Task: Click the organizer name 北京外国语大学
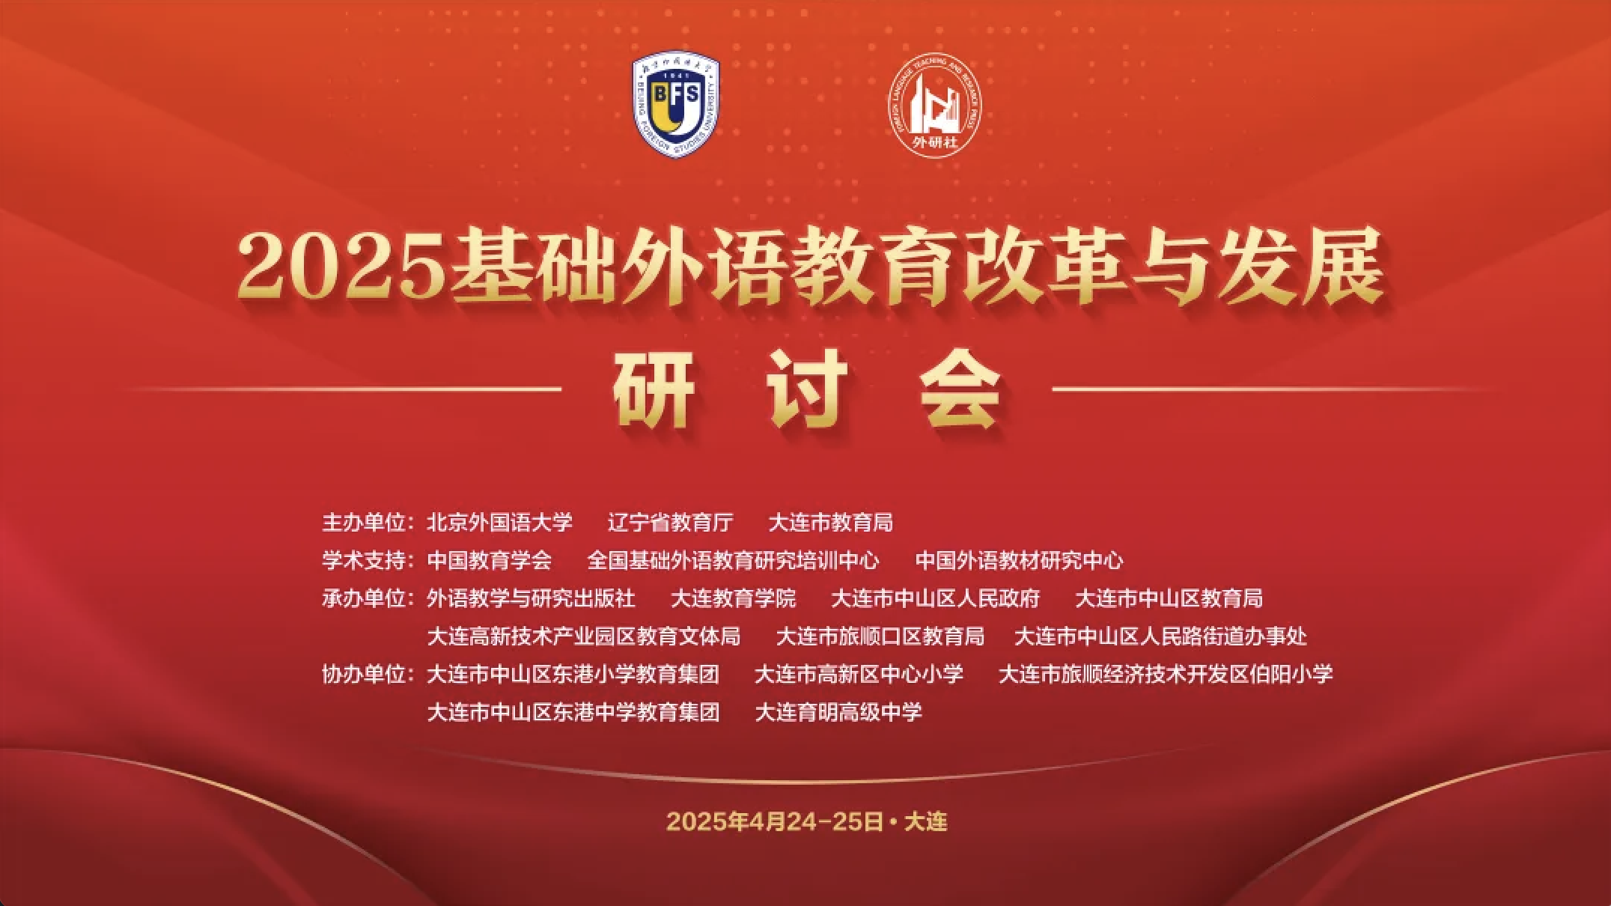click(499, 522)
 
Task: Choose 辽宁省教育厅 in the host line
click(670, 522)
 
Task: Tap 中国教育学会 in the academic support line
click(489, 560)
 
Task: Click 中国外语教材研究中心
click(1019, 560)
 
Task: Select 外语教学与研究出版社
click(531, 598)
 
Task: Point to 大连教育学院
click(733, 598)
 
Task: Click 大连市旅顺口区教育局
click(880, 636)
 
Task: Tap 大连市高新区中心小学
click(859, 674)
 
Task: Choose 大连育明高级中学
click(838, 712)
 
